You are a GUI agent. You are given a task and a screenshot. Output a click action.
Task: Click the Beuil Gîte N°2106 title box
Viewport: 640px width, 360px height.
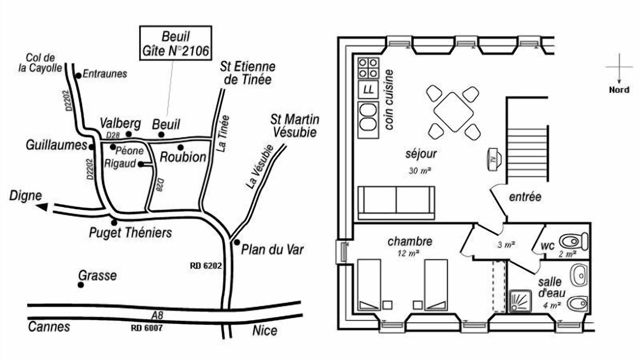coord(175,43)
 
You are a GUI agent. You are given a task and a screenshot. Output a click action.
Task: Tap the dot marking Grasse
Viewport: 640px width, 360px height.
coord(81,285)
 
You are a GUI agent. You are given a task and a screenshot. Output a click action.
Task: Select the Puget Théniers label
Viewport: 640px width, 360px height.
coord(130,233)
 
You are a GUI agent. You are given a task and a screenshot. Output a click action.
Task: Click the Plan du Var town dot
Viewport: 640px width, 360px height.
coord(237,242)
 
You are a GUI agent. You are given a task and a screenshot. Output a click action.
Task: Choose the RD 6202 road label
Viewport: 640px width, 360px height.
coord(205,265)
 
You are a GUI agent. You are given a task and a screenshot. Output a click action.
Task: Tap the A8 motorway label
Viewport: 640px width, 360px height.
coord(157,315)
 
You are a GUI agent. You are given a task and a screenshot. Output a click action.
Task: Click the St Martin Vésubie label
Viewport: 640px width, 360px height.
coord(294,126)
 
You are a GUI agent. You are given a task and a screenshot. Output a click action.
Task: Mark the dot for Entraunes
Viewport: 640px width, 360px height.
coord(78,75)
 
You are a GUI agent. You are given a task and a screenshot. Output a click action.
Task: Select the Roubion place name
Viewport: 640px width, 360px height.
coord(183,157)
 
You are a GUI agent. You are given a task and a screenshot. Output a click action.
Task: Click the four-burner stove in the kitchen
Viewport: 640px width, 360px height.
coord(368,68)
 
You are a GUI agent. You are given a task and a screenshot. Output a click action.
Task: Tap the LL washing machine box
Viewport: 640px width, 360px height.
coord(368,89)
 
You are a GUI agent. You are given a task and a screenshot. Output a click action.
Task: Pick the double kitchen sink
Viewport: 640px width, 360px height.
coord(368,119)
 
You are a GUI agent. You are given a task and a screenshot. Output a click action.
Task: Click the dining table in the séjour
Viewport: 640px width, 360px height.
coord(453,112)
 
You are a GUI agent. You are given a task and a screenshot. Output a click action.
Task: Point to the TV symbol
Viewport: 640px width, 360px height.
coord(494,159)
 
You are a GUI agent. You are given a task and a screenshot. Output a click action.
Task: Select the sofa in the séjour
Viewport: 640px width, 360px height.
coord(396,203)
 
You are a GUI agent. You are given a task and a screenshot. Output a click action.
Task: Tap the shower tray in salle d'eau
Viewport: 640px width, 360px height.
coord(520,301)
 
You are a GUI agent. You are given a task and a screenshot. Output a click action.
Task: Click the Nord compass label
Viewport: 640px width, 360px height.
coord(619,90)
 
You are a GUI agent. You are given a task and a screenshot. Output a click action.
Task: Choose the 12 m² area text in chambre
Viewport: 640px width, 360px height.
coord(408,253)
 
